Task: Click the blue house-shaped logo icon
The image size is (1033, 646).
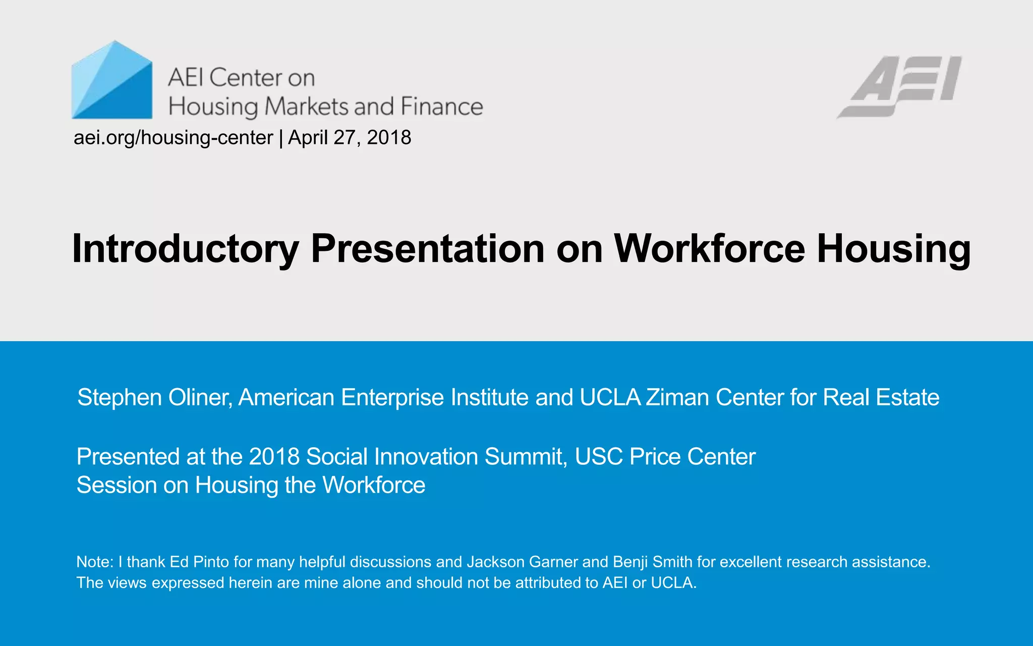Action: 112,81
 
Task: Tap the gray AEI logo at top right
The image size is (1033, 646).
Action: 899,86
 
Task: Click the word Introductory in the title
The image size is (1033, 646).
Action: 185,249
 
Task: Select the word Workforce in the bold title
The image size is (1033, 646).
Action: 709,249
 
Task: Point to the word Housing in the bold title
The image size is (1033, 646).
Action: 893,249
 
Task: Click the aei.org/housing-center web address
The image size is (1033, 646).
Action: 173,138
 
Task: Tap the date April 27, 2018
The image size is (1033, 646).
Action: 350,138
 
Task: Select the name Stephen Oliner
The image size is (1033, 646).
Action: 154,398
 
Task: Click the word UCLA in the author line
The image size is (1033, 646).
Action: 610,398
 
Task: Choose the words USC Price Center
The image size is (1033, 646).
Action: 665,457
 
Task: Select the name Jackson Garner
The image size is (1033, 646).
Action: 522,562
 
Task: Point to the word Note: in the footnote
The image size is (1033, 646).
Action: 95,562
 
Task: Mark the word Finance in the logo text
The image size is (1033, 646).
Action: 441,106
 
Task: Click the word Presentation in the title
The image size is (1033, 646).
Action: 428,249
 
